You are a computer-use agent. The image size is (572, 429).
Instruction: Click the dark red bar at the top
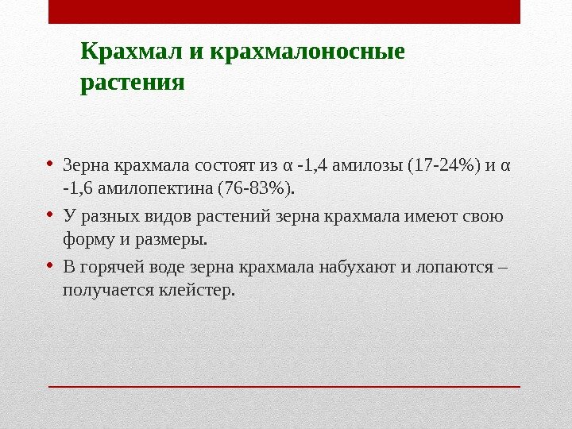tap(284, 12)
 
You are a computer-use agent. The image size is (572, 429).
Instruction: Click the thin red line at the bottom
tap(284, 387)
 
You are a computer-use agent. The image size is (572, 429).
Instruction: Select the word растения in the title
tap(133, 82)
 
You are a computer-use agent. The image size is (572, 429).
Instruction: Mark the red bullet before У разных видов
tap(49, 214)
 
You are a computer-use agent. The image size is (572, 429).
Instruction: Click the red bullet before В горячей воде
tap(49, 264)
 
